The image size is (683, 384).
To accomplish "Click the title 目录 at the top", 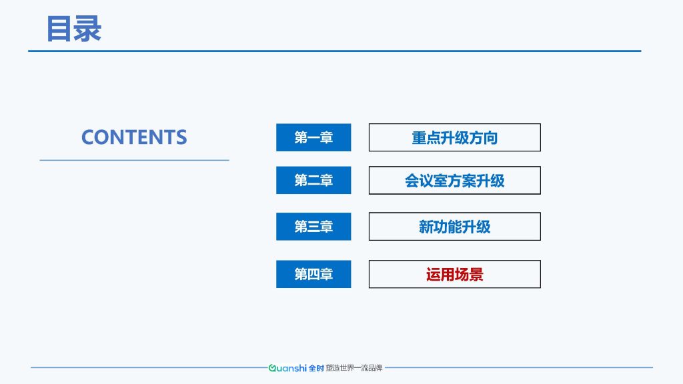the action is [74, 29].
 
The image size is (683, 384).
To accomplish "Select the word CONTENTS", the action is [134, 137].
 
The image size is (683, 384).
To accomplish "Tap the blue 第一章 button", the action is [313, 137].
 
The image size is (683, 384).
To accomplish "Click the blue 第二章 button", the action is [313, 180].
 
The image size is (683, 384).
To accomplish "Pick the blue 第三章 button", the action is [313, 227].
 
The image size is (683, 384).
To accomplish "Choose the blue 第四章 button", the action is [313, 274].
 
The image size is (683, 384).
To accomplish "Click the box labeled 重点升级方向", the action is [455, 137].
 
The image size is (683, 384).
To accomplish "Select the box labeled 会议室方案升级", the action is [455, 180].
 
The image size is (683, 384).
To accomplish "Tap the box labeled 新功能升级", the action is [455, 227].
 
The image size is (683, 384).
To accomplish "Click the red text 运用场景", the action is [455, 275].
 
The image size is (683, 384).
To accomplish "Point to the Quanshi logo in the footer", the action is [287, 368].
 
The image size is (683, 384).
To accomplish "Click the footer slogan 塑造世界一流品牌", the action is [354, 368].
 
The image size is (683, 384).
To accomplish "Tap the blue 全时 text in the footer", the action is [316, 368].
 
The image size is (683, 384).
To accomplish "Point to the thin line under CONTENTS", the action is [134, 160].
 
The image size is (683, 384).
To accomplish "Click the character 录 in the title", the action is [88, 29].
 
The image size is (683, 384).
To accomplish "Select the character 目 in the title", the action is [59, 29].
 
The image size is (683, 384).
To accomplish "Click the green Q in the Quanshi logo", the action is [272, 368].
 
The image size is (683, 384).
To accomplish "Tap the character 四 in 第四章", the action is [313, 274].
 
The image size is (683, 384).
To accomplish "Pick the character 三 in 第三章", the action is [313, 227].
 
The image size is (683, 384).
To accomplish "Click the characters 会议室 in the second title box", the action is [426, 181].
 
